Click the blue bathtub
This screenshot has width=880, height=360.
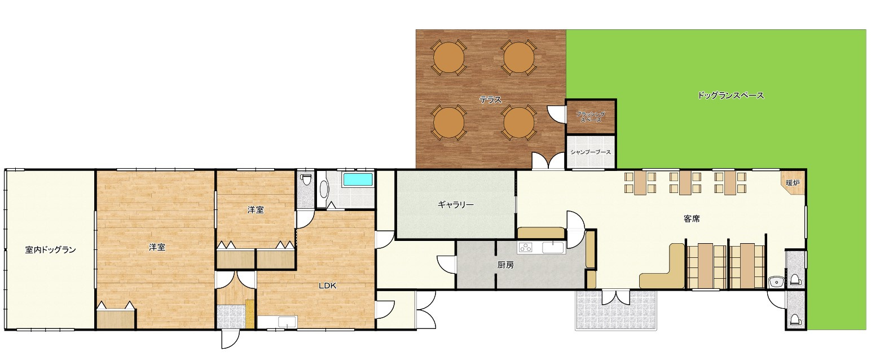(358, 179)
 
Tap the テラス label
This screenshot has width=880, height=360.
(491, 100)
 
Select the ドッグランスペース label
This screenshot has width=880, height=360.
(731, 95)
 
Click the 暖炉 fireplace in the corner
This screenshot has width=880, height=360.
(793, 182)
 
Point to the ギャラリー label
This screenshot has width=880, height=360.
(456, 204)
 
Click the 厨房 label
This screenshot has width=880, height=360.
(505, 265)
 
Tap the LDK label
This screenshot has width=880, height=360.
(327, 286)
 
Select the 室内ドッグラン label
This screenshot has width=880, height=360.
(50, 249)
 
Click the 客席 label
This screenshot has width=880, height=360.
(692, 219)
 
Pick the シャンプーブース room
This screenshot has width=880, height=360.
(591, 152)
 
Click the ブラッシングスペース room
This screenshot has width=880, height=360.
(591, 117)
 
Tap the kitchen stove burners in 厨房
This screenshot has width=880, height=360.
(526, 247)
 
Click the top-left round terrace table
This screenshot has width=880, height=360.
(448, 58)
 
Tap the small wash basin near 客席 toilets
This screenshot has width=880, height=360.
(776, 282)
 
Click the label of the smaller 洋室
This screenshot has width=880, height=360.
(256, 209)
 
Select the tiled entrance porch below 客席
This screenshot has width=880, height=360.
(616, 310)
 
